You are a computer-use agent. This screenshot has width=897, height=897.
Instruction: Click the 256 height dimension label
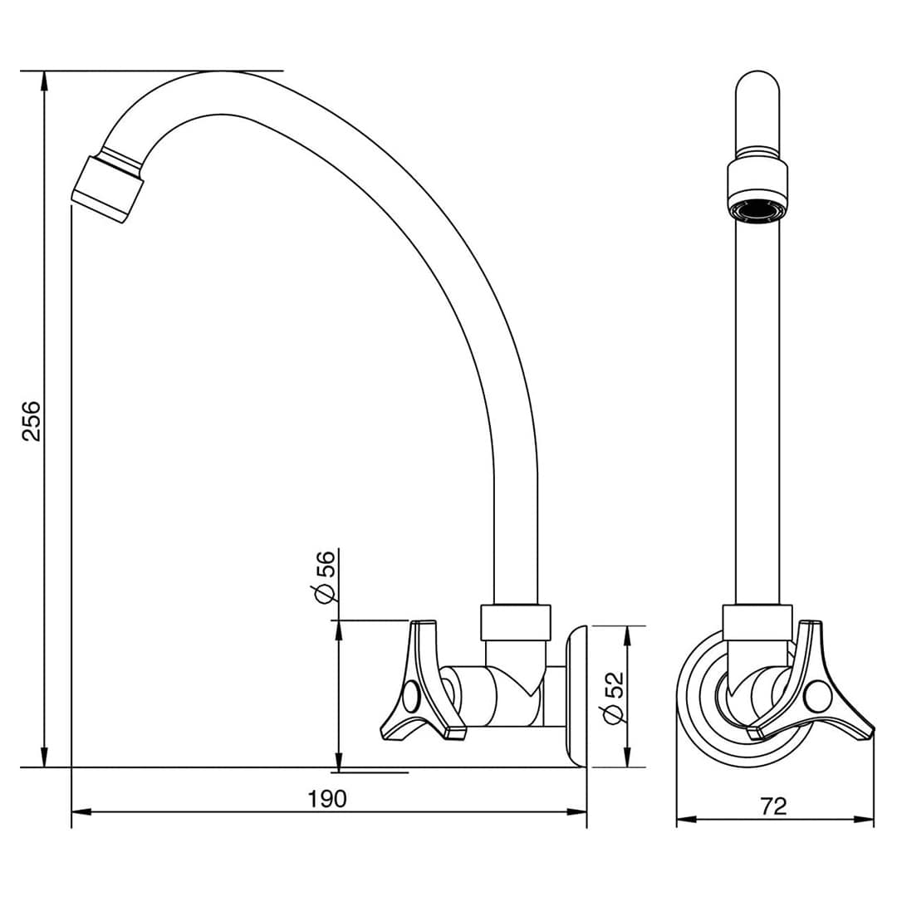32,420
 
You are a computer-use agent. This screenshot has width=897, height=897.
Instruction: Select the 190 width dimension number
328,799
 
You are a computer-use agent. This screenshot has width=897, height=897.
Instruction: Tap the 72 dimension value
775,806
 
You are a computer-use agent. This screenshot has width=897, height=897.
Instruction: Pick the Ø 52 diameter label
613,698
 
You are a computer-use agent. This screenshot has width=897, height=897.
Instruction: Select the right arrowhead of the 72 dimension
864,819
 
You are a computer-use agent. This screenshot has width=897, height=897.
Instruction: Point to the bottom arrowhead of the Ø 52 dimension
628,757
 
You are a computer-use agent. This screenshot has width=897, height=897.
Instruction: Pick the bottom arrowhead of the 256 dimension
44,757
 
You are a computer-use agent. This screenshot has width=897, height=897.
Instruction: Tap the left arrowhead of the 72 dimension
687,819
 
